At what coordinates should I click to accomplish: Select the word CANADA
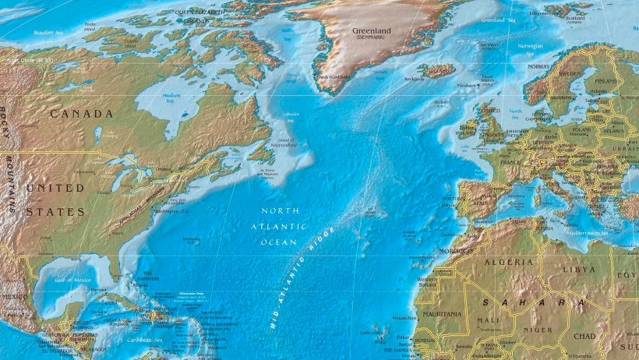click(x=82, y=114)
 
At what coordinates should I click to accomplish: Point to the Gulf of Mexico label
click(x=74, y=279)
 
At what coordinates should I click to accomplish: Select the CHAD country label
click(x=584, y=337)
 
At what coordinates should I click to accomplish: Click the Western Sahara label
click(x=427, y=283)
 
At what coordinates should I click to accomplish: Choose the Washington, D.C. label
click(x=172, y=211)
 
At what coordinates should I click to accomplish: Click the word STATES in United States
click(x=55, y=212)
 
